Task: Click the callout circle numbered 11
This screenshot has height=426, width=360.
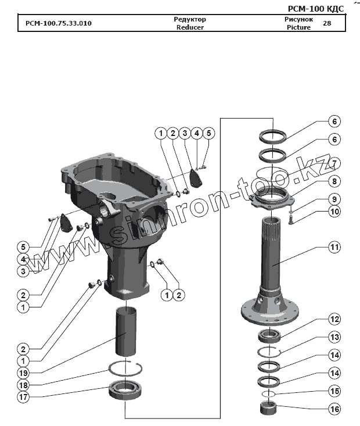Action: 334,247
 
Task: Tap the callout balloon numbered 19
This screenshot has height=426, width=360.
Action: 23,372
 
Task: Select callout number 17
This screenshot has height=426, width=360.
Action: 23,398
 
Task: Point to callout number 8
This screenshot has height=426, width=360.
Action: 334,181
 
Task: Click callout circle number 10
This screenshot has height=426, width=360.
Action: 334,212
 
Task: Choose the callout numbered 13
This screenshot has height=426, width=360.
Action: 334,336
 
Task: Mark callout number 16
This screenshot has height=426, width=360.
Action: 334,409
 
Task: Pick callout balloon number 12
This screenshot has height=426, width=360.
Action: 334,319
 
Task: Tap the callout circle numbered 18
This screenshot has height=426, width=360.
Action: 23,385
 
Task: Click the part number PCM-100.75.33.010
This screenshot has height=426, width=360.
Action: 58,24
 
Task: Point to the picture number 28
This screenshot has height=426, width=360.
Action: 326,23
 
